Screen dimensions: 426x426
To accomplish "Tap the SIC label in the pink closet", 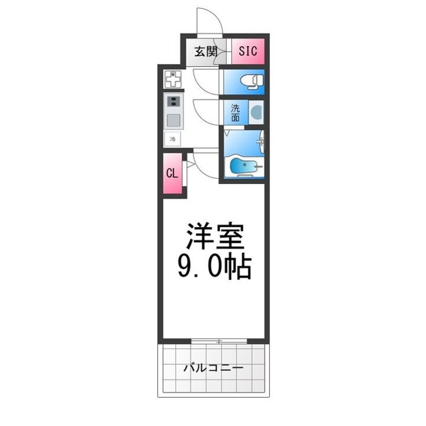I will click(x=247, y=51).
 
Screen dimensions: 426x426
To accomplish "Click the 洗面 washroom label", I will click(x=235, y=112).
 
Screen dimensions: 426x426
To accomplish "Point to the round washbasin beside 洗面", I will click(x=256, y=112).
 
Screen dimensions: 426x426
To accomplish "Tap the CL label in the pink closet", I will click(x=172, y=173).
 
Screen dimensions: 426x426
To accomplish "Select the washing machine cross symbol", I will click(x=173, y=79).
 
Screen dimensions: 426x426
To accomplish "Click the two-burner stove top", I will click(x=174, y=101).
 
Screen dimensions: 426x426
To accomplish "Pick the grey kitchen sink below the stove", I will click(x=174, y=120).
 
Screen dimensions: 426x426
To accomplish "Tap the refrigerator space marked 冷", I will click(x=173, y=140).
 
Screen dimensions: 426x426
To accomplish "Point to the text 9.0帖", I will click(x=214, y=267).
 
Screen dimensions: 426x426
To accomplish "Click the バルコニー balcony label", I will click(x=213, y=368).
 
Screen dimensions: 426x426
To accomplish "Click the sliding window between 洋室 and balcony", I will click(x=218, y=341).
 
